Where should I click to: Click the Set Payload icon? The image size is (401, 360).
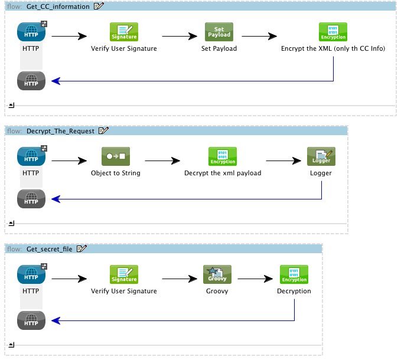(219, 32)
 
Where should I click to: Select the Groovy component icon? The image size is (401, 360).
(217, 274)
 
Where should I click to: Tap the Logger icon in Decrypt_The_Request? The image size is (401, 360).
(321, 157)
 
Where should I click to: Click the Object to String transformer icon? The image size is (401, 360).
(116, 157)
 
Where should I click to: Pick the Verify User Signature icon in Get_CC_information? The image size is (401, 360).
(124, 32)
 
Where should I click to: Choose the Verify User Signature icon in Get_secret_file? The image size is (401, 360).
(124, 274)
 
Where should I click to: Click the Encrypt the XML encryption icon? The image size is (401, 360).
(333, 32)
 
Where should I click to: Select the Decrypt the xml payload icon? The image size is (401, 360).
(223, 157)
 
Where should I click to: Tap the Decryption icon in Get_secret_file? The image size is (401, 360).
(294, 274)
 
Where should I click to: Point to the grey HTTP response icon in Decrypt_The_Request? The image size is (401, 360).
(31, 199)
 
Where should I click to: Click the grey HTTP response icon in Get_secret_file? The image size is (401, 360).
(31, 320)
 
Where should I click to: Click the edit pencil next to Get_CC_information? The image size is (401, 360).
(99, 6)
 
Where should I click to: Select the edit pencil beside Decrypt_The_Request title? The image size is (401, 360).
(103, 131)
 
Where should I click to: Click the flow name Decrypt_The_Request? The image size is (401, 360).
(60, 131)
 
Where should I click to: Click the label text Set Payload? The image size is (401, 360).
(219, 48)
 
